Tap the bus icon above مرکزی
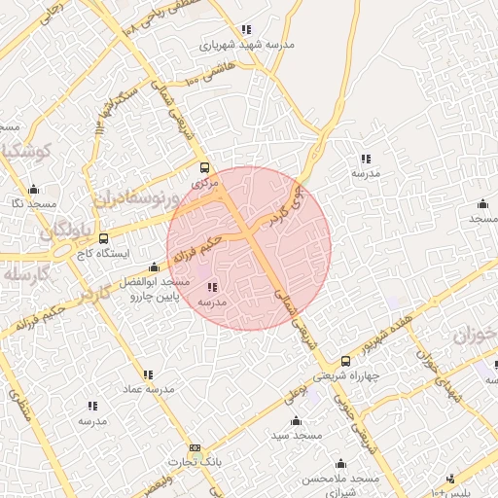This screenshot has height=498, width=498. pyautogui.click(x=203, y=167)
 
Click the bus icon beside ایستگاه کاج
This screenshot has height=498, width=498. pyautogui.click(x=103, y=236)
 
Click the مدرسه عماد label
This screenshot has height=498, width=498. pyautogui.click(x=148, y=389)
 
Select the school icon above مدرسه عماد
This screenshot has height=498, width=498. pyautogui.click(x=148, y=373)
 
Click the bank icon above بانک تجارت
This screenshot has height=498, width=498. pyautogui.click(x=196, y=448)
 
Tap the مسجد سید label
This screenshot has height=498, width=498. pyautogui.click(x=297, y=437)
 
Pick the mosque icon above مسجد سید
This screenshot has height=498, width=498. pyautogui.click(x=297, y=421)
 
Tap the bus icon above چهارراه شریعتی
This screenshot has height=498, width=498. pyautogui.click(x=345, y=361)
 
